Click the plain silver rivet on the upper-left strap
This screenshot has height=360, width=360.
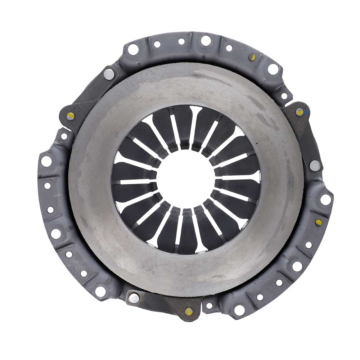click(x=108, y=74)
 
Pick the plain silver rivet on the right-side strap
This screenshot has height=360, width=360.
click(x=315, y=165)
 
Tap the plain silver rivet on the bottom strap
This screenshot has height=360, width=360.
click(x=134, y=298)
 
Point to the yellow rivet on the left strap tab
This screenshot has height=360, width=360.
click(x=71, y=116)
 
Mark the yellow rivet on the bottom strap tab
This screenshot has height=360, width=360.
click(x=188, y=311)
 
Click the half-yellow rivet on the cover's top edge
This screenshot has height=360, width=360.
click(x=253, y=57)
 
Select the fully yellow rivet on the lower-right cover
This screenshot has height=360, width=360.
click(x=318, y=222)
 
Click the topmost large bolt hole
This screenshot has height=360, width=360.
click(x=206, y=40)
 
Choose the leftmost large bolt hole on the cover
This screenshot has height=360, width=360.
click(x=46, y=161)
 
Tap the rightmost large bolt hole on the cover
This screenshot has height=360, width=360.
click(x=326, y=199)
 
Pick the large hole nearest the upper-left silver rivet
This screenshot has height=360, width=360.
click(x=133, y=49)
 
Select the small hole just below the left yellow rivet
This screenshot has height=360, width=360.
click(x=64, y=136)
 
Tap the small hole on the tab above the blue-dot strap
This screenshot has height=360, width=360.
click(x=284, y=96)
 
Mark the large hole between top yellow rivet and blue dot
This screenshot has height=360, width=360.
click(x=273, y=69)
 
